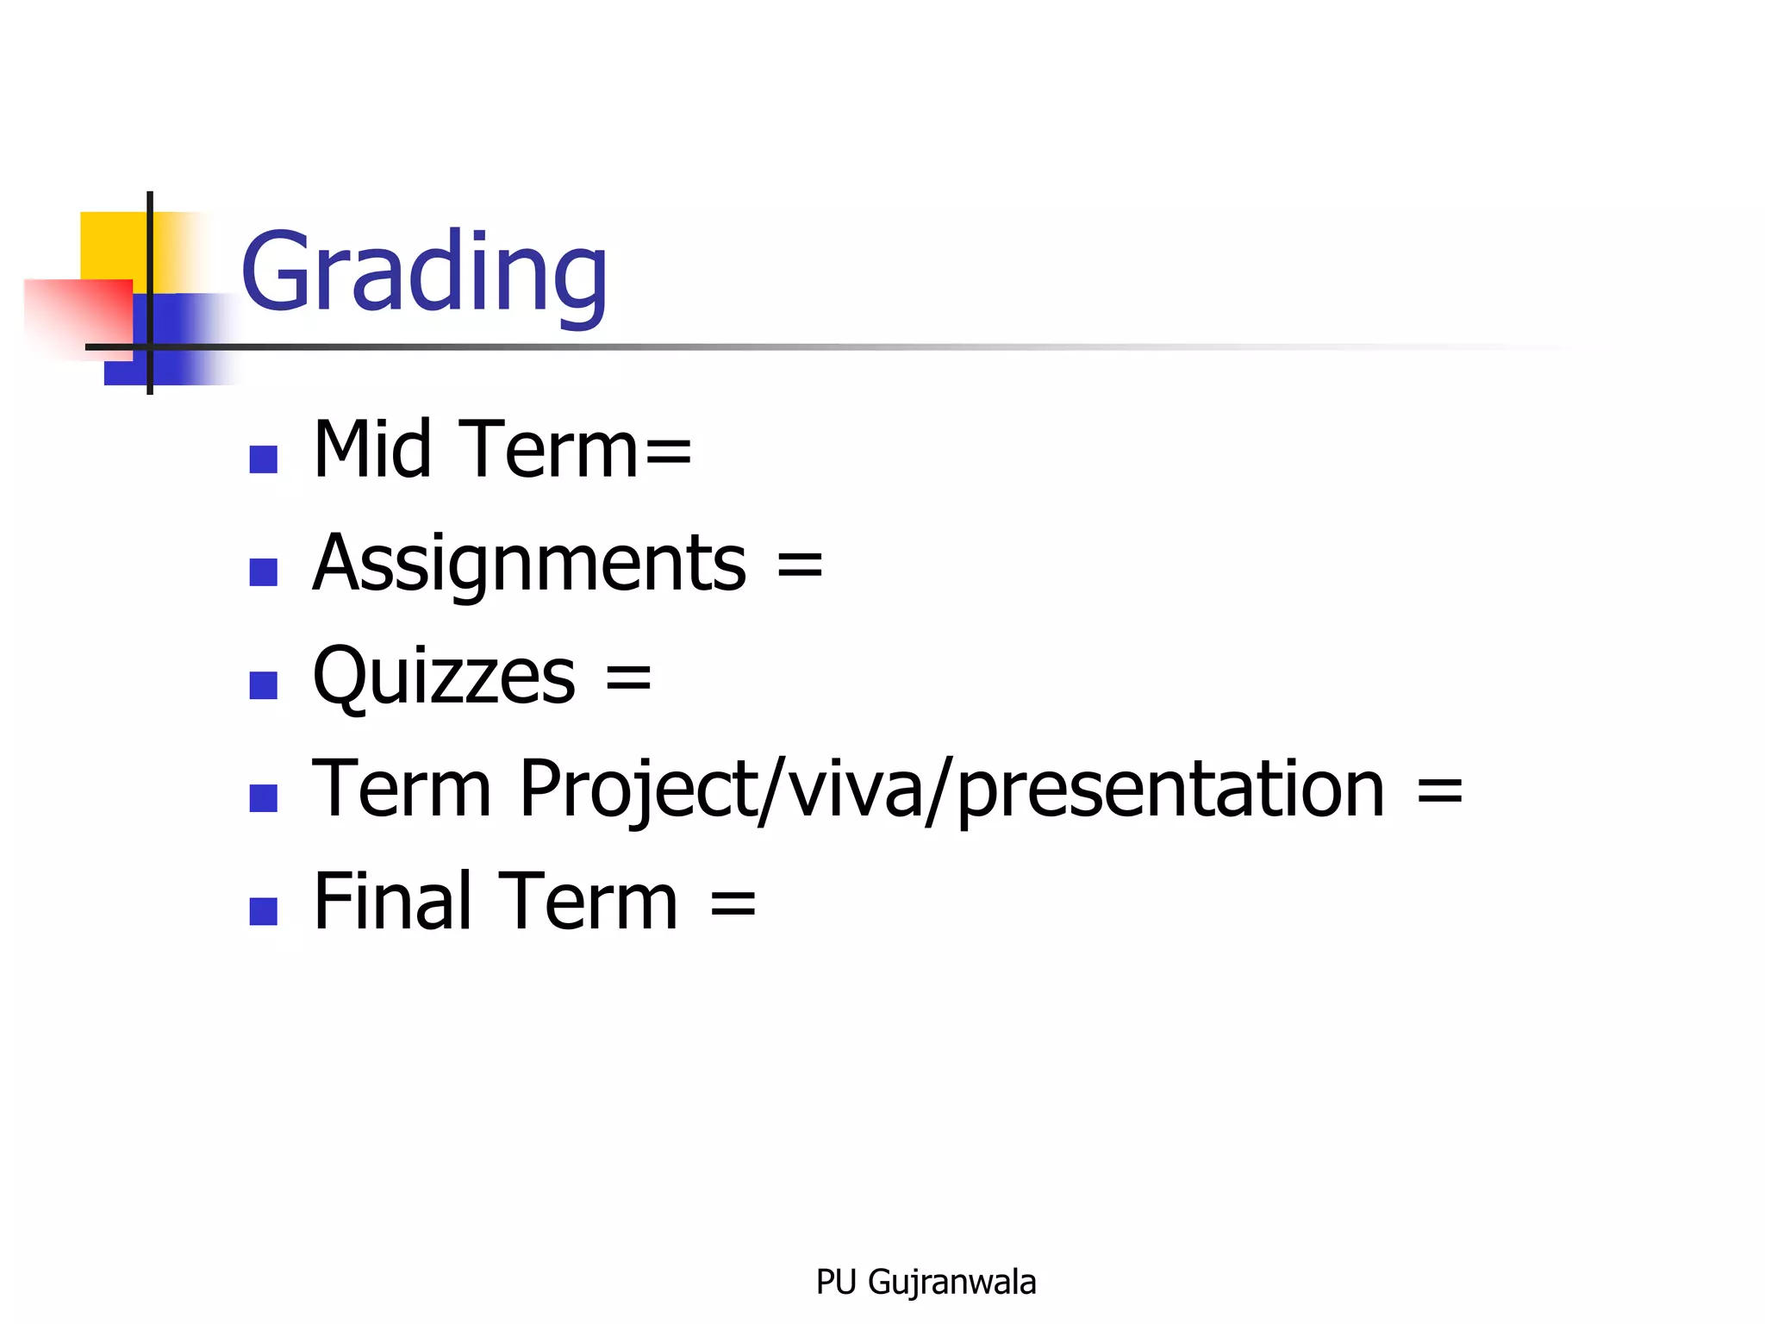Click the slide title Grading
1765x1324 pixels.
tap(424, 273)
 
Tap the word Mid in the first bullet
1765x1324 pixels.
tap(371, 449)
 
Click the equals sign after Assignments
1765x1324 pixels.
tap(800, 565)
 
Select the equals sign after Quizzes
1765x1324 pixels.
tap(628, 678)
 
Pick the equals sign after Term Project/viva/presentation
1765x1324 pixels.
tap(1439, 791)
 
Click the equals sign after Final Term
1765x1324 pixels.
tap(733, 904)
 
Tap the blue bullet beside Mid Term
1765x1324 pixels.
tap(263, 459)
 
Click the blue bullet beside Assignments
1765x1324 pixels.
tap(263, 572)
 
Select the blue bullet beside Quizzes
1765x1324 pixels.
tap(263, 685)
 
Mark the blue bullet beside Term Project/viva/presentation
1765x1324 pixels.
tap(263, 798)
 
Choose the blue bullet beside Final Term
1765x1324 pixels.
tap(263, 911)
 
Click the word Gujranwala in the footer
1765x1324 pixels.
tap(951, 1283)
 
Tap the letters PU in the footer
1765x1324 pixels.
tap(835, 1283)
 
